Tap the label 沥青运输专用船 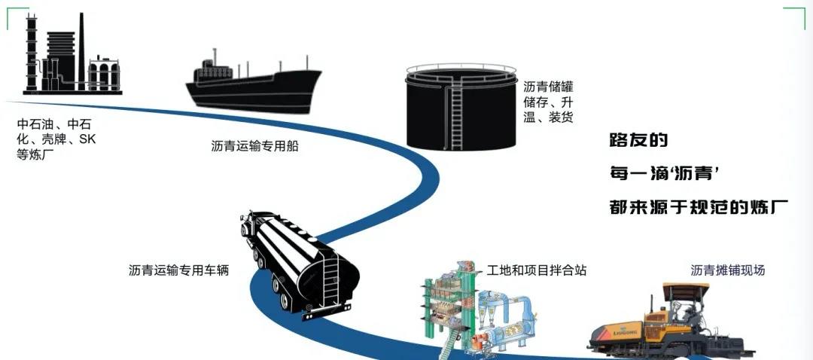[255, 146]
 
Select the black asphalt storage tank [461, 113]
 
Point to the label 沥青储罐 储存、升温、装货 [548, 102]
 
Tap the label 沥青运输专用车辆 [178, 270]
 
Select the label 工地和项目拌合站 [537, 270]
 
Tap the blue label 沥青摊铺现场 [727, 270]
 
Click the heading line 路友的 [638, 140]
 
